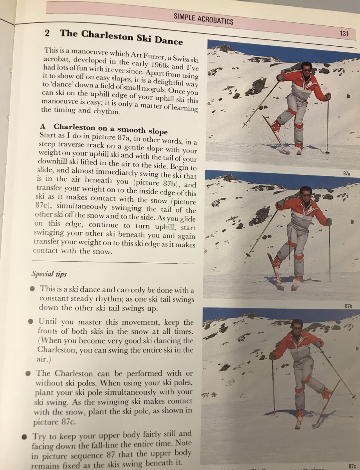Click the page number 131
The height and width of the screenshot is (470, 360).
(344, 34)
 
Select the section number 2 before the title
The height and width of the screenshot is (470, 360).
(47, 33)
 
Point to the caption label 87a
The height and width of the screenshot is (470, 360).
(346, 174)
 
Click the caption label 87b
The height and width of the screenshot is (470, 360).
(348, 306)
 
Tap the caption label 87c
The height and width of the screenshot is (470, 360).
(352, 466)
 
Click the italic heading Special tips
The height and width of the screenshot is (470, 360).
(49, 274)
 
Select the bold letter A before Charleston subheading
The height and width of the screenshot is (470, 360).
(43, 126)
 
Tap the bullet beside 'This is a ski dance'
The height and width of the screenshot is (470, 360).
(32, 289)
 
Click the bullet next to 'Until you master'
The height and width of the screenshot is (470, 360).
(31, 322)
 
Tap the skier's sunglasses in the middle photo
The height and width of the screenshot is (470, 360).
(306, 195)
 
